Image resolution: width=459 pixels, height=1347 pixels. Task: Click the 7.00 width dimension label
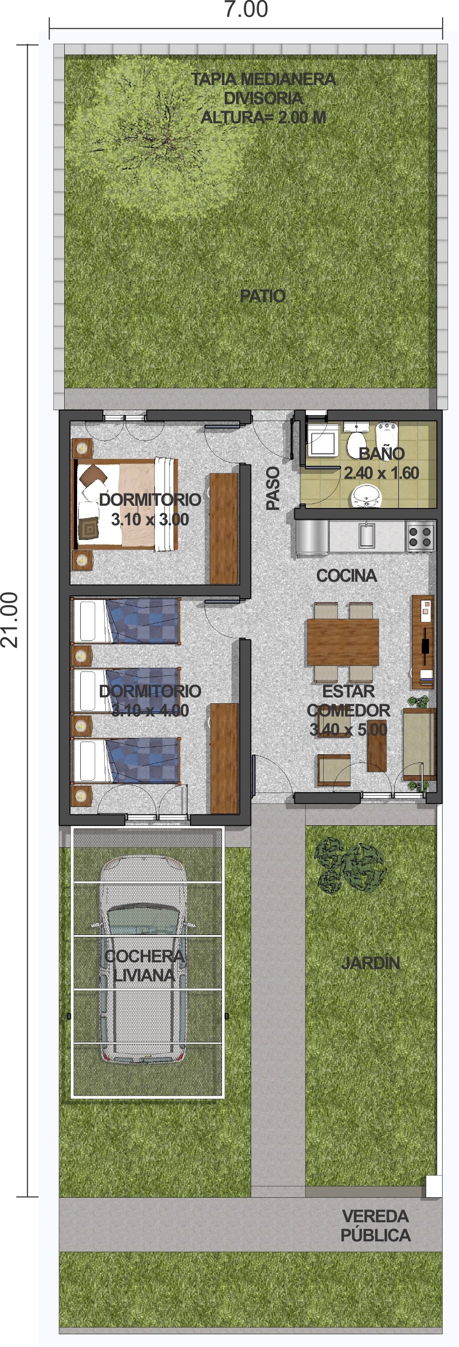[x=246, y=10]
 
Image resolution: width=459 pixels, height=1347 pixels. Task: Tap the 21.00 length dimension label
[x=10, y=620]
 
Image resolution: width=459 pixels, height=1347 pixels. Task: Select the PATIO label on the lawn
[x=262, y=296]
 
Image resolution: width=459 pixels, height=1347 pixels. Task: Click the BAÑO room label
[x=382, y=453]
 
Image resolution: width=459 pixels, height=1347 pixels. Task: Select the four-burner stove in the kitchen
[x=420, y=536]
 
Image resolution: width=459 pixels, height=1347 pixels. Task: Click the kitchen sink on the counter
[x=366, y=535]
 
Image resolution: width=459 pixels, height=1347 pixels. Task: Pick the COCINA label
[x=346, y=576]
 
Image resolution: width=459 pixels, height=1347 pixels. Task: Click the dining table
[x=343, y=642]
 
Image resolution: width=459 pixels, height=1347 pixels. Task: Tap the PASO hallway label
[x=273, y=488]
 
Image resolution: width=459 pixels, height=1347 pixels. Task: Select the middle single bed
[x=126, y=691]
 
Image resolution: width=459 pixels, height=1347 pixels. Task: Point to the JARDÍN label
[x=371, y=963]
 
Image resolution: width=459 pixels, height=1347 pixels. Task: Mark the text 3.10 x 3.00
[x=150, y=519]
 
